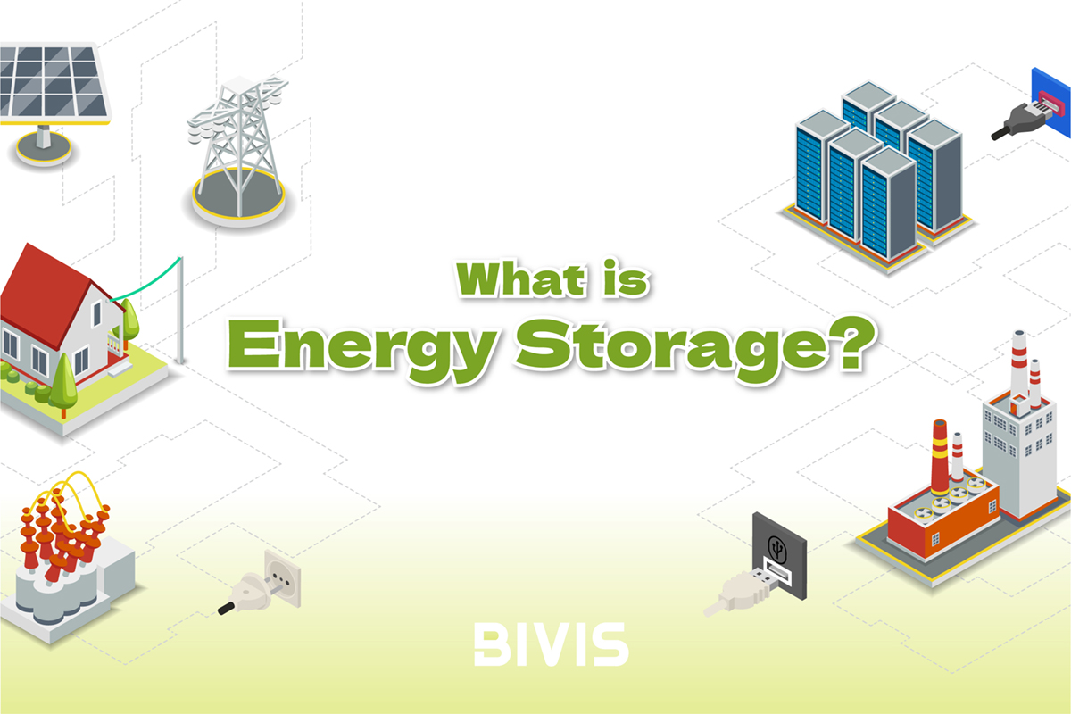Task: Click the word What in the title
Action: click(x=520, y=278)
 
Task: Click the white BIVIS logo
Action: click(x=551, y=643)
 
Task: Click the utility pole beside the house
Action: click(x=180, y=311)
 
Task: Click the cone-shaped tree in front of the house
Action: click(x=64, y=386)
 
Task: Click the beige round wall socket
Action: click(x=283, y=577)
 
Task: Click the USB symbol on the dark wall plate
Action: click(x=777, y=549)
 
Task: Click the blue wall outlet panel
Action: click(x=1051, y=102)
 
